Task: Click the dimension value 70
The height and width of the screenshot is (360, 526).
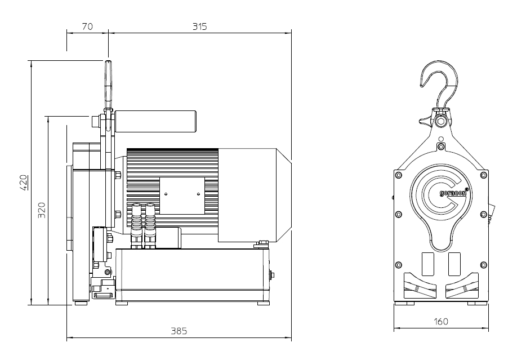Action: click(87, 26)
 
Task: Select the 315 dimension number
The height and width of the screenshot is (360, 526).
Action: click(199, 26)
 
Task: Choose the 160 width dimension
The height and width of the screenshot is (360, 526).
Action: click(441, 322)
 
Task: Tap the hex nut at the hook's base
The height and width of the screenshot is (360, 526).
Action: click(441, 119)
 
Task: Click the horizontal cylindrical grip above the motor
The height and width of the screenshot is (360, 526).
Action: click(155, 120)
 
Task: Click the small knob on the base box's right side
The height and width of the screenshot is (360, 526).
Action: click(274, 275)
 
